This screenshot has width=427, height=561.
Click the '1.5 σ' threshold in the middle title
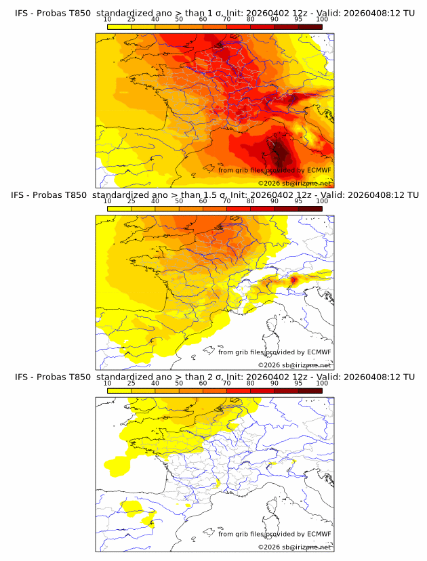[x=219, y=195]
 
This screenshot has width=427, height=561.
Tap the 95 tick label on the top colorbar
[x=298, y=20]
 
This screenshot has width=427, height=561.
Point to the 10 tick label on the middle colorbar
[x=108, y=201]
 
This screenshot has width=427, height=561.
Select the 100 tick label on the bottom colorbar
[x=322, y=383]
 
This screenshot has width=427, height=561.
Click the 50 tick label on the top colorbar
[x=179, y=20]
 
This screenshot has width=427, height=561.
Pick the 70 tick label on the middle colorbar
[x=226, y=201]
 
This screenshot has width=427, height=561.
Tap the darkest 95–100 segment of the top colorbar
[x=310, y=26]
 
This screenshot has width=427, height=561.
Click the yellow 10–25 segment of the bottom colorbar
[x=119, y=390]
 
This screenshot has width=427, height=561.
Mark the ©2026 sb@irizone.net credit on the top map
[x=294, y=183]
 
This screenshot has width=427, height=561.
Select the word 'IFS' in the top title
[x=22, y=14]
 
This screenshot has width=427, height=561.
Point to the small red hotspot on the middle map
[x=294, y=279]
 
